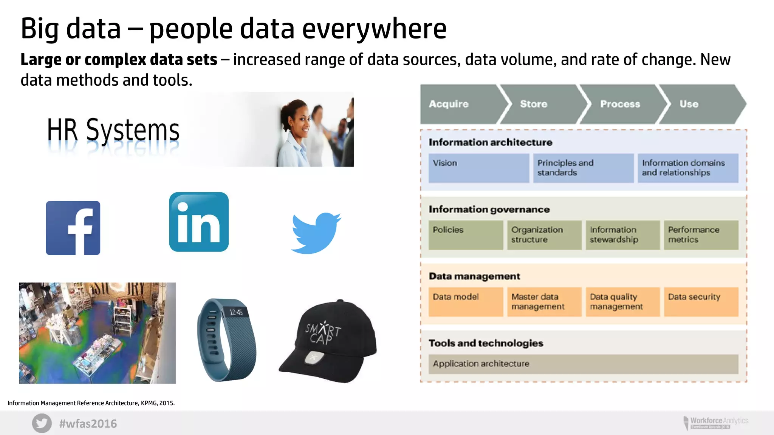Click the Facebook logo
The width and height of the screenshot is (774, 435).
(73, 228)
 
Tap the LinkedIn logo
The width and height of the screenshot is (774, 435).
(199, 222)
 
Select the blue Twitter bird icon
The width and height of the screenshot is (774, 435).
(316, 233)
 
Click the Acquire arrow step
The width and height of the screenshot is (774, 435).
(461, 104)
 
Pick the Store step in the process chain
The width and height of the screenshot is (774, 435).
(540, 104)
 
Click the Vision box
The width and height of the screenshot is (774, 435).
(479, 168)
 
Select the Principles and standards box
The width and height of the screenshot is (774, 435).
(583, 168)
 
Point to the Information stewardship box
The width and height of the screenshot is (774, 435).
(622, 235)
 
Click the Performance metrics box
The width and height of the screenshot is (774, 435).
(701, 235)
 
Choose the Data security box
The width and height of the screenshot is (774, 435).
(701, 302)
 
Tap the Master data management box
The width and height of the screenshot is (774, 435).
(544, 302)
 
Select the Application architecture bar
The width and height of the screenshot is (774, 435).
(583, 364)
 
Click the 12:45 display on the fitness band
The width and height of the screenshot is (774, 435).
(236, 312)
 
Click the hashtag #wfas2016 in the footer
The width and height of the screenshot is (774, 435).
(88, 424)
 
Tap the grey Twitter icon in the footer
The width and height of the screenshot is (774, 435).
(42, 423)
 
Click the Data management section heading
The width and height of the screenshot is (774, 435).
(474, 276)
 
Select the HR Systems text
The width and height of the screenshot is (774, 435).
(113, 130)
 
